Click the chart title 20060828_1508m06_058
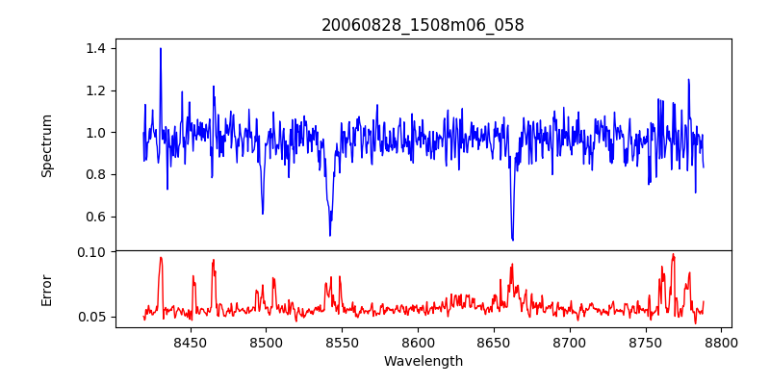pyautogui.click(x=423, y=25)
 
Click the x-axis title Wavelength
pyautogui.click(x=423, y=362)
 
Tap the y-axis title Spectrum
pyautogui.click(x=46, y=145)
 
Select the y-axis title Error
pyautogui.click(x=46, y=289)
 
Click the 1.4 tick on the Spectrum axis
pyautogui.click(x=96, y=48)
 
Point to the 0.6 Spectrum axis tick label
pyautogui.click(x=96, y=217)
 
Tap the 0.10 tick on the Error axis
pyautogui.click(x=92, y=252)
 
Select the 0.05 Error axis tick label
pyautogui.click(x=92, y=317)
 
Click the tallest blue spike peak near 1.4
pyautogui.click(x=161, y=48)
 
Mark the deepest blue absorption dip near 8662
pyautogui.click(x=512, y=240)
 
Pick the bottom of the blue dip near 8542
pyautogui.click(x=330, y=235)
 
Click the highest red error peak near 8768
pyautogui.click(x=673, y=255)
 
